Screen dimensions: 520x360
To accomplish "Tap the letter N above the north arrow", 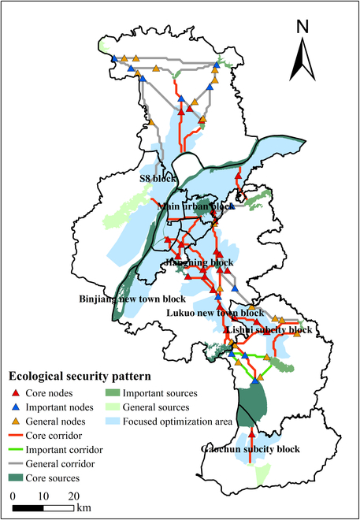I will pyautogui.click(x=303, y=25).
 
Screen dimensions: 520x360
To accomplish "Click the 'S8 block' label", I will pyautogui.click(x=158, y=179).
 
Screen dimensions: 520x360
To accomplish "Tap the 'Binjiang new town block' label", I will pyautogui.click(x=132, y=299).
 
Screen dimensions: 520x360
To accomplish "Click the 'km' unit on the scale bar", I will pyautogui.click(x=84, y=509).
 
